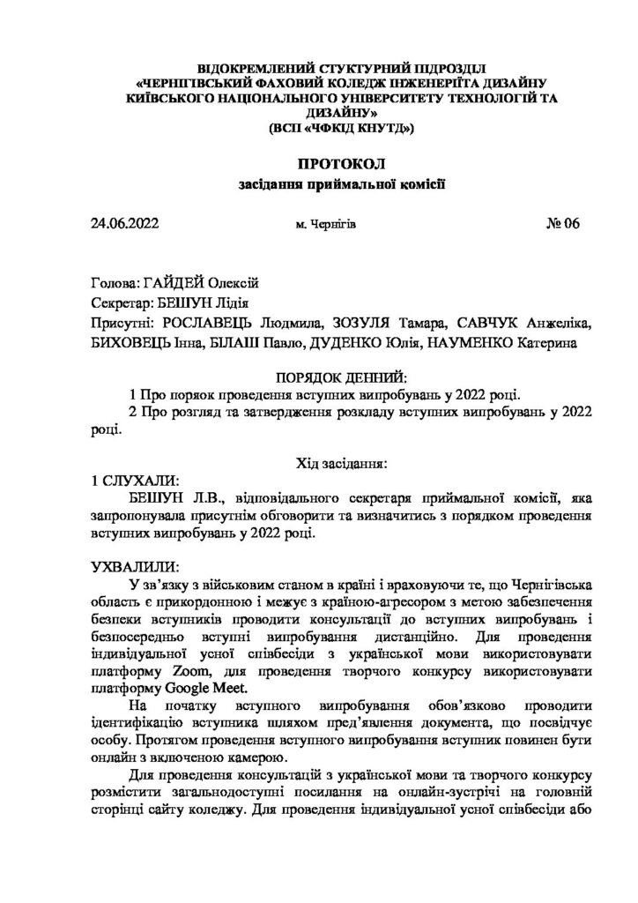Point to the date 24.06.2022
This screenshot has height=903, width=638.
[124, 224]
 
